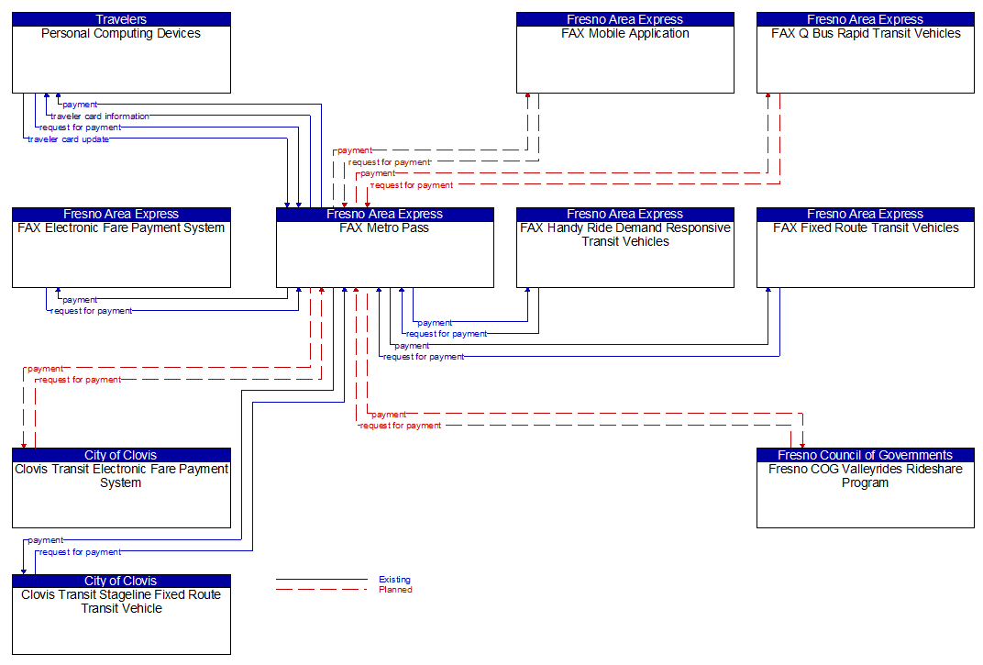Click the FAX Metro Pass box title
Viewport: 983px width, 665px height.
coord(384,228)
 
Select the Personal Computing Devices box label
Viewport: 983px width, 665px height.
coord(121,34)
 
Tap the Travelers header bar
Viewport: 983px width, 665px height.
coord(121,19)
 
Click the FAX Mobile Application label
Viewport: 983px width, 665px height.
coord(625,34)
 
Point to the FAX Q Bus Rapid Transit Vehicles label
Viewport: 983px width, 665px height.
coord(866,34)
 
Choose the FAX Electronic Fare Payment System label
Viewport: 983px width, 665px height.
coord(121,228)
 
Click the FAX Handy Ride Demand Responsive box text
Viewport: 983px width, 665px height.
coord(625,235)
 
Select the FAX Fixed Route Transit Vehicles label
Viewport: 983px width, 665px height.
coord(866,228)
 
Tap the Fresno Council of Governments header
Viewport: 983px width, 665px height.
coord(866,455)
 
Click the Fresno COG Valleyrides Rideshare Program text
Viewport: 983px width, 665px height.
coord(866,476)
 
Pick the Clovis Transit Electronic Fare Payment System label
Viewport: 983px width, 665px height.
coord(121,476)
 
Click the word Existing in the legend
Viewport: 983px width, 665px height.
coord(394,580)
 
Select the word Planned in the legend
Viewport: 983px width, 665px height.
coord(395,590)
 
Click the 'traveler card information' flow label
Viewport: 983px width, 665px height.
coord(100,116)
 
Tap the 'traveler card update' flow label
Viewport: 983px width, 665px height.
coord(69,139)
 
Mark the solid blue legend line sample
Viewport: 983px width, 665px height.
coord(321,580)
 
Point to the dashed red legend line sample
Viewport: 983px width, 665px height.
coord(321,590)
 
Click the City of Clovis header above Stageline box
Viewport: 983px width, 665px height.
coord(121,581)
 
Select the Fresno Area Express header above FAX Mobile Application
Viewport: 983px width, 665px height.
coord(625,19)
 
